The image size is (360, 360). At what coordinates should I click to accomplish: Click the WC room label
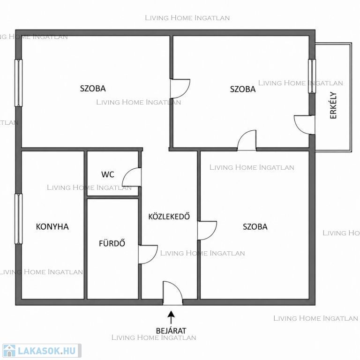tap(108, 174)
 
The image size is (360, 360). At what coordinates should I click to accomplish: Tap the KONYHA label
tap(52, 227)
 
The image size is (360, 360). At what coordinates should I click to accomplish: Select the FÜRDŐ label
tap(112, 243)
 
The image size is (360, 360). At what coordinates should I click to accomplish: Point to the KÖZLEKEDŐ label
tap(169, 216)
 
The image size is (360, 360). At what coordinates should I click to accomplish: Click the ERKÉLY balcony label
tap(333, 105)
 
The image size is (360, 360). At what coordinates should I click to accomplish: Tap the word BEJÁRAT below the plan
tap(171, 331)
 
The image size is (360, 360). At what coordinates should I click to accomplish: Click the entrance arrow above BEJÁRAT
tap(171, 317)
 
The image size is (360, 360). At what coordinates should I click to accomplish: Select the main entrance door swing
tap(172, 292)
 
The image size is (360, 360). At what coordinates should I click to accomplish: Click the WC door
tap(132, 177)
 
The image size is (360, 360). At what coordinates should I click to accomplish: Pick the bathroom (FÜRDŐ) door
tap(148, 255)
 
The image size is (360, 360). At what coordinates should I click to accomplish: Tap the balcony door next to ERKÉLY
tap(304, 125)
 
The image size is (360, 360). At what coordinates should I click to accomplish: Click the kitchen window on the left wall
tap(19, 218)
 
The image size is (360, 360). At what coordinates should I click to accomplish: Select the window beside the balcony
tap(312, 76)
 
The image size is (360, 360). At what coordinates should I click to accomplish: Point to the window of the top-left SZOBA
tap(19, 83)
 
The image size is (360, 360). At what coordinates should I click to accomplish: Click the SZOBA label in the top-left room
tap(93, 89)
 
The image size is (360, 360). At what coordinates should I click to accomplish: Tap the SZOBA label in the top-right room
tap(243, 89)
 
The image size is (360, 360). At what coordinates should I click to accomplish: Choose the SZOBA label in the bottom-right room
tap(255, 227)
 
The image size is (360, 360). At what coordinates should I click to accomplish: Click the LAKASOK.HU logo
tap(42, 351)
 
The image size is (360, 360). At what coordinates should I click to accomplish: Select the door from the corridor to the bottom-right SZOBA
tap(207, 231)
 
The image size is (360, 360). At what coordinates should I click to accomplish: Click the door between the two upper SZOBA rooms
tap(180, 89)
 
